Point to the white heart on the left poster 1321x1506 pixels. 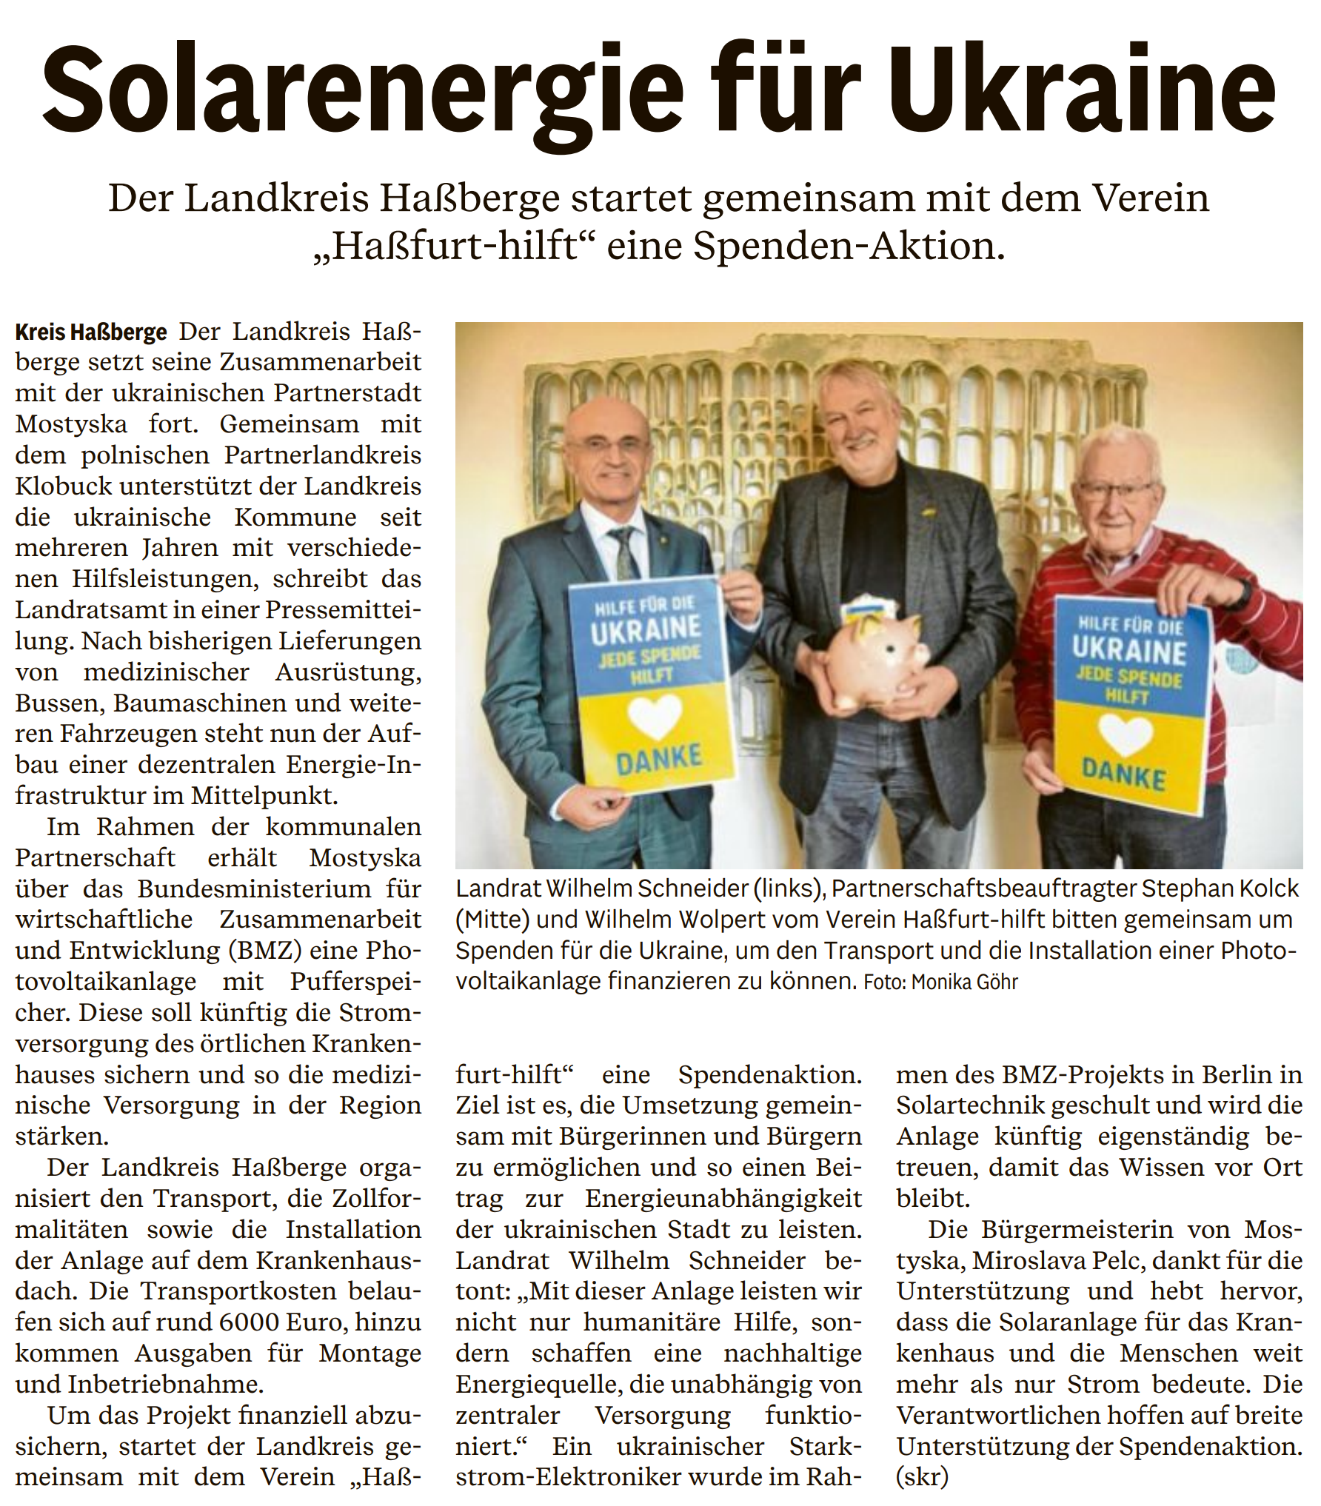(654, 715)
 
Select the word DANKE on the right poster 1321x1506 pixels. (1123, 774)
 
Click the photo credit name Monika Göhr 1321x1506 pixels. (964, 982)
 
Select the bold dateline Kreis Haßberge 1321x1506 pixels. (91, 332)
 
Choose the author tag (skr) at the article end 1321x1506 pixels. (922, 1476)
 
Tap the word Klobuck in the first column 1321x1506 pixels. (64, 486)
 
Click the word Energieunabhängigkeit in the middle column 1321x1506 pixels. (723, 1198)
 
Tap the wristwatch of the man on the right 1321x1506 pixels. (1241, 592)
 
